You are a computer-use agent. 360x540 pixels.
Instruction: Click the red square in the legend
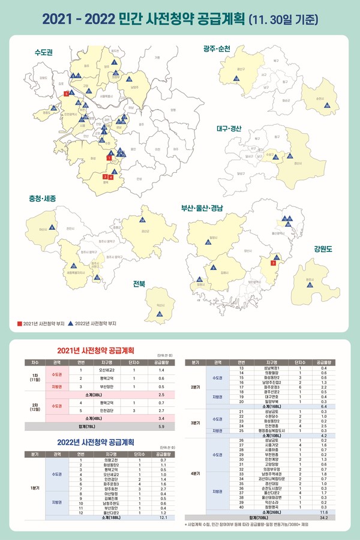pyautogui.click(x=20, y=323)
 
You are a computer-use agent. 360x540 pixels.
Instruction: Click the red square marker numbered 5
pyautogui.click(x=65, y=94)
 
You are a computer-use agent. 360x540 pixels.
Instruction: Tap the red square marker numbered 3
pyautogui.click(x=273, y=263)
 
